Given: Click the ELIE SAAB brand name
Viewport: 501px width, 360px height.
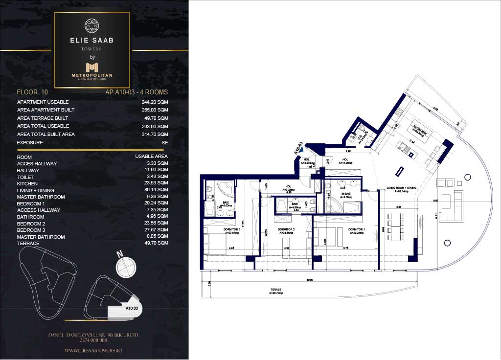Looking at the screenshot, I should tap(92, 41).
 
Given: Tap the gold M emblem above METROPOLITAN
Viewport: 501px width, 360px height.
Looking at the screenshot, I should tap(92, 67).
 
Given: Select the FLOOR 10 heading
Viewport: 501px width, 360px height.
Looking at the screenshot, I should tap(32, 92).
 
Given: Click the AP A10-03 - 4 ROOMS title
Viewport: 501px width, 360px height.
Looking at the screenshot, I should tap(137, 92).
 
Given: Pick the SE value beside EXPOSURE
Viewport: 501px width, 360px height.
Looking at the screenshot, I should tap(164, 143).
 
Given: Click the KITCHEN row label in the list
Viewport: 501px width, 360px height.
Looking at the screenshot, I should tap(27, 183).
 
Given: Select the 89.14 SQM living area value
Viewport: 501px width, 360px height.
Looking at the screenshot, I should tap(156, 190).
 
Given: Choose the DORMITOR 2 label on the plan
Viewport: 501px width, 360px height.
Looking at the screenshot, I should tap(285, 229).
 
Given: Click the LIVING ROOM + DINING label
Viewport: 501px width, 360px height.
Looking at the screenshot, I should tap(401, 188).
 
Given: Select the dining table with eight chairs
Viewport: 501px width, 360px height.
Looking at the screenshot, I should tap(396, 227).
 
